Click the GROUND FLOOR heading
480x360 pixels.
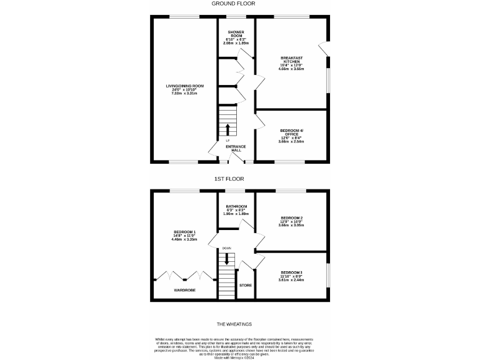click(234, 4)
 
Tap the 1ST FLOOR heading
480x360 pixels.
click(229, 179)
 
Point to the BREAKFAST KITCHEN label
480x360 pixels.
click(291, 59)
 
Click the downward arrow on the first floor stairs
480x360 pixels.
click(226, 259)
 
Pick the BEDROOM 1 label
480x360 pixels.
click(184, 232)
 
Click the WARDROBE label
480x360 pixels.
click(184, 291)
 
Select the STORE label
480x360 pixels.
click(246, 285)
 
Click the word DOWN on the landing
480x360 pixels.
click(226, 247)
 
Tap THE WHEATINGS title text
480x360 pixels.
click(234, 324)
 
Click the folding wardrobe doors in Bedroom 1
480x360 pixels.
click(184, 276)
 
